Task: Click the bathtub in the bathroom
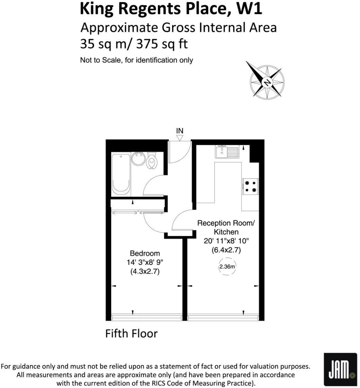pyautogui.click(x=121, y=175)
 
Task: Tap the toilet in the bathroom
pyautogui.click(x=151, y=160)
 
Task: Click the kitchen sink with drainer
pyautogui.click(x=227, y=152)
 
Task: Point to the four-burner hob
pyautogui.click(x=251, y=186)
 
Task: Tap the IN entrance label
pyautogui.click(x=180, y=131)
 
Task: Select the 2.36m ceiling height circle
pyautogui.click(x=227, y=267)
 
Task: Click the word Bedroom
pyautogui.click(x=145, y=253)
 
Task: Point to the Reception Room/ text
pyautogui.click(x=226, y=223)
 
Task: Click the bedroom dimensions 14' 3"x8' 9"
pyautogui.click(x=145, y=262)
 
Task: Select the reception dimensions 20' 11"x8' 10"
pyautogui.click(x=226, y=241)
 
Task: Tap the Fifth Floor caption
pyautogui.click(x=131, y=334)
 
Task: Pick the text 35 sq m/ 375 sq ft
pyautogui.click(x=134, y=44)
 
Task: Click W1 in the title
pyautogui.click(x=249, y=9)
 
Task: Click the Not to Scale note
pyautogui.click(x=136, y=60)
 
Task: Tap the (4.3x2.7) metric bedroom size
pyautogui.click(x=145, y=272)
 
